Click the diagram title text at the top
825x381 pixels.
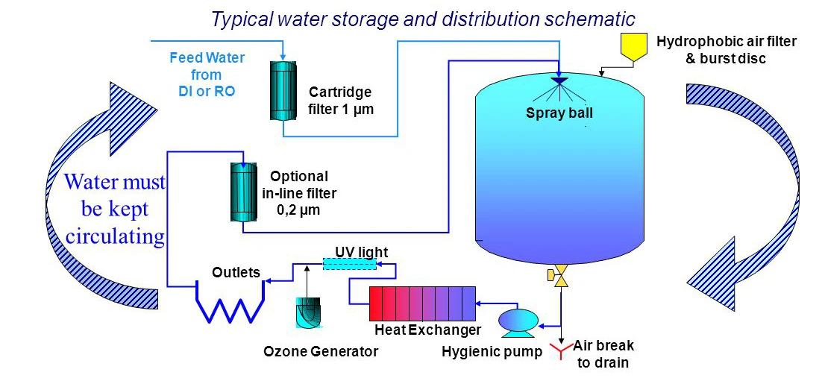[x=423, y=18]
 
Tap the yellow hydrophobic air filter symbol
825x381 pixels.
[x=635, y=47]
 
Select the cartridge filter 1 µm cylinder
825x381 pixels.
[x=283, y=91]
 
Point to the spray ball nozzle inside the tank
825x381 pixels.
[x=559, y=81]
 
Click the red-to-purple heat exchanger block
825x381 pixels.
[x=423, y=304]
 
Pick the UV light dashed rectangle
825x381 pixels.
[x=348, y=265]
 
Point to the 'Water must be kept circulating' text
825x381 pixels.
[x=116, y=210]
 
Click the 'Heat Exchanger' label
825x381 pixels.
[x=427, y=330]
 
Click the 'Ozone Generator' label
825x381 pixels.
[x=321, y=350]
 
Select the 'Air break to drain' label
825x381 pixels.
[x=603, y=354]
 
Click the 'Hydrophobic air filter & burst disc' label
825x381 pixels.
[x=726, y=49]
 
